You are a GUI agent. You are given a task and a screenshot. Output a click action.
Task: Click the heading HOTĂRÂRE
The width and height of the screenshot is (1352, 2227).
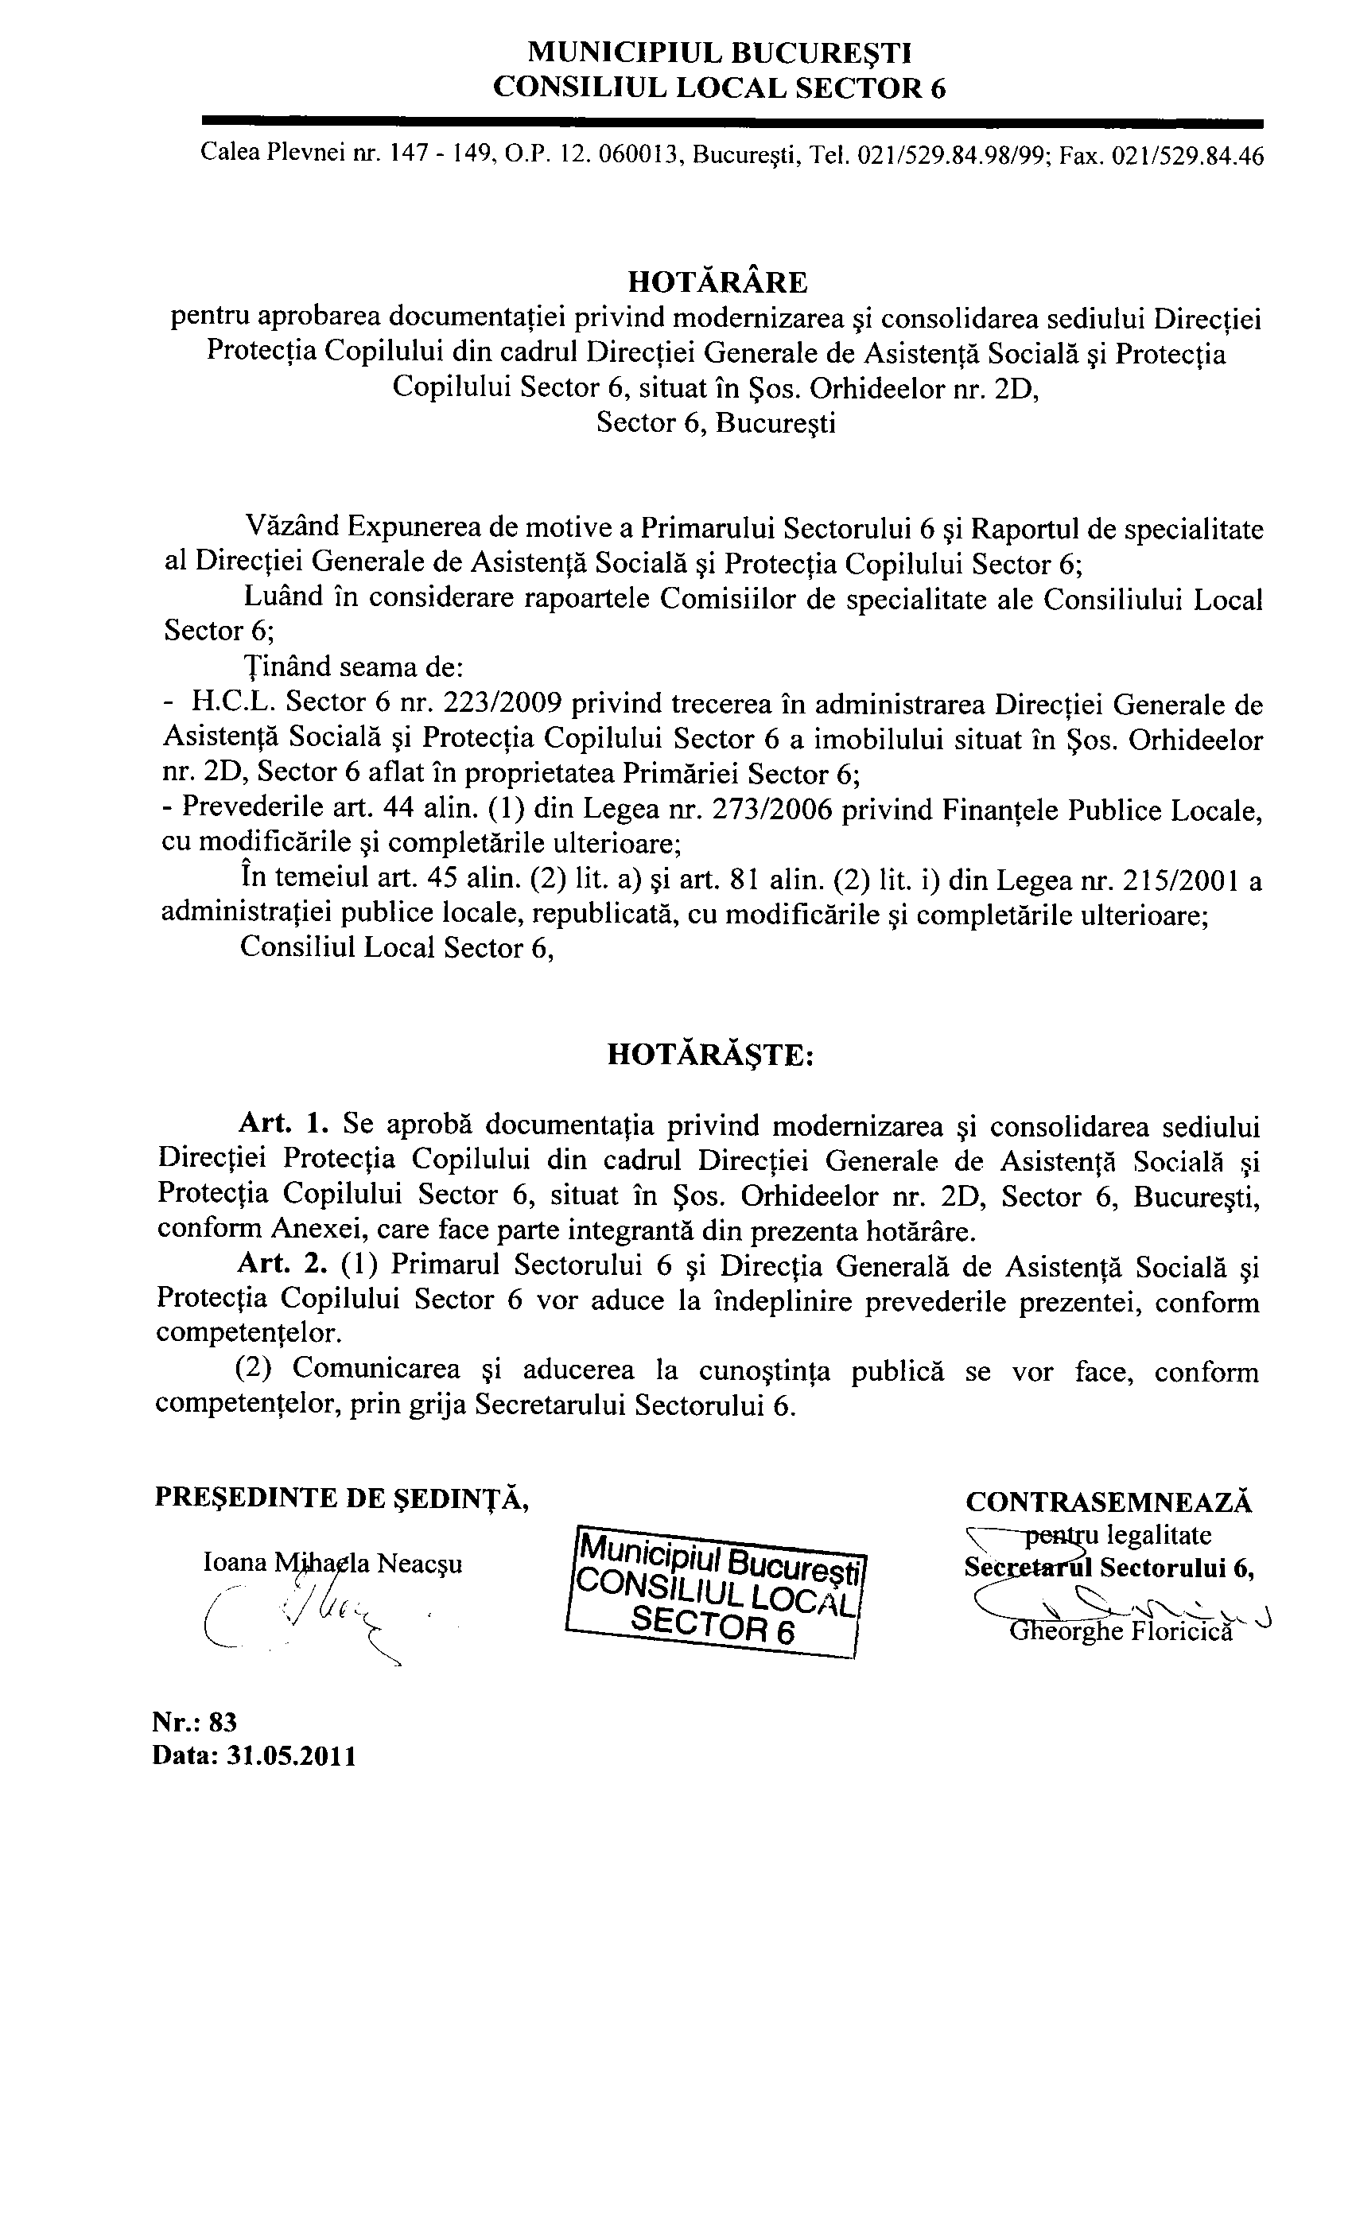tap(717, 283)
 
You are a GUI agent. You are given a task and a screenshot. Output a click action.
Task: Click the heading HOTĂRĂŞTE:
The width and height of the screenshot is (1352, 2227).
tap(710, 1055)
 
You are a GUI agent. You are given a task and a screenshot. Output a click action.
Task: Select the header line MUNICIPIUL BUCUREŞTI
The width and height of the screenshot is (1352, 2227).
tap(720, 53)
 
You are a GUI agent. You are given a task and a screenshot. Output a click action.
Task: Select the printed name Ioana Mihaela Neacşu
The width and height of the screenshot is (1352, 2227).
tap(333, 1563)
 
